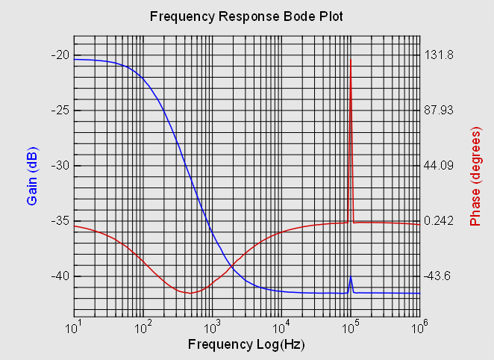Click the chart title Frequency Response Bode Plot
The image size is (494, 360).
coord(246,16)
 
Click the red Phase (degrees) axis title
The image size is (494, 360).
coord(475,176)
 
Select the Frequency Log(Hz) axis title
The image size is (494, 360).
coord(246,344)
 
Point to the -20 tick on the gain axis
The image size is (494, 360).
coord(60,55)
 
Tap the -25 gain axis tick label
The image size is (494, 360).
coord(60,110)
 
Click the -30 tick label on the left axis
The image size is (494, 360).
coord(60,165)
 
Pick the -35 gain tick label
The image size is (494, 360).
coord(60,220)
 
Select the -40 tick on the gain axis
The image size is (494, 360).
coord(60,276)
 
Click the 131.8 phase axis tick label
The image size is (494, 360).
coord(440,55)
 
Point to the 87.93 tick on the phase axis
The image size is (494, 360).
coord(440,110)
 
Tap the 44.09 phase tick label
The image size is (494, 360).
coord(440,165)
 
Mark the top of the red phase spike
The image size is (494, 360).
coord(351,60)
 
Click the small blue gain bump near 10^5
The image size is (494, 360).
coord(351,278)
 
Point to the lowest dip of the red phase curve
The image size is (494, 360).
coord(191,293)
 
